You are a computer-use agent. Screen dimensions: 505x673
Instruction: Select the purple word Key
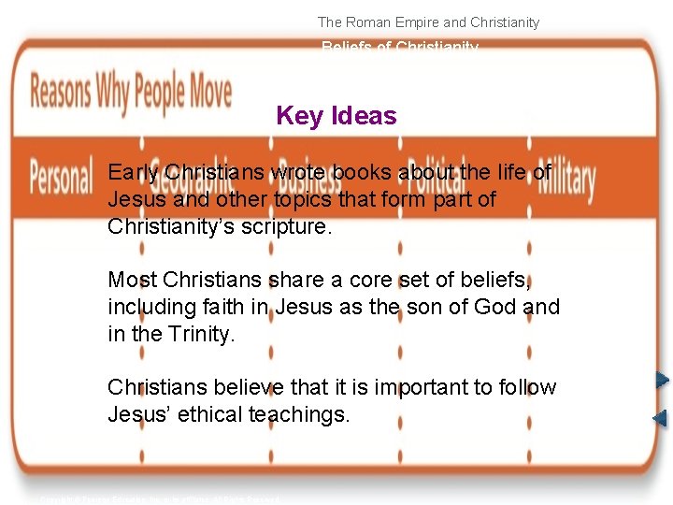(x=300, y=116)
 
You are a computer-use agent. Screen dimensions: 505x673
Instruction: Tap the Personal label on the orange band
(x=62, y=177)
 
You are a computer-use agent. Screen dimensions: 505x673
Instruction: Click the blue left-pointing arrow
(x=660, y=418)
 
